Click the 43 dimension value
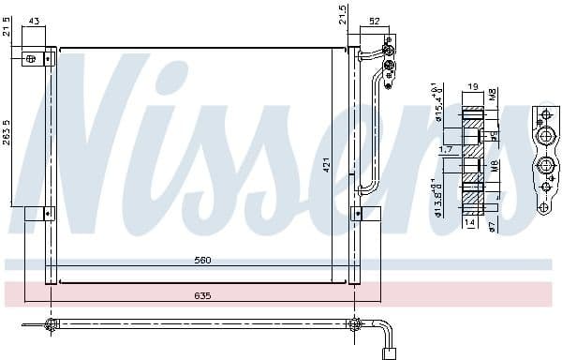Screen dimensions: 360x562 pos(35,21)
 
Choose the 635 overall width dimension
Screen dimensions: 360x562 pos(202,295)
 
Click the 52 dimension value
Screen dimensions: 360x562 pos(374,21)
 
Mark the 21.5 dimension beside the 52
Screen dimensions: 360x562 pos(342,15)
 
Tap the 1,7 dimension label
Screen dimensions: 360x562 pos(446,149)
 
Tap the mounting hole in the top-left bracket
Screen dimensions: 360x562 pos(31,59)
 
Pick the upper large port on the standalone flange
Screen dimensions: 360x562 pos(545,136)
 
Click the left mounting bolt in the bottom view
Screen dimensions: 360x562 pos(51,325)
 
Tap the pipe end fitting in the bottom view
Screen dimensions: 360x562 pos(387,353)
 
